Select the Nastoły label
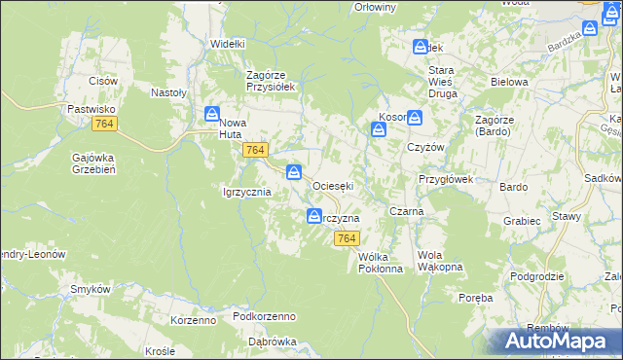coord(168,92)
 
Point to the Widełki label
coord(229,44)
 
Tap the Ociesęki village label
coord(332,185)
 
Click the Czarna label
coord(404,211)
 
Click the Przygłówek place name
coord(445,179)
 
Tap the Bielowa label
coord(508,82)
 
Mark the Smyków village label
coord(88,289)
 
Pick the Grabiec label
coord(522,221)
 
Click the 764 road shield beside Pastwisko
coord(105,125)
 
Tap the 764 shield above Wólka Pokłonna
coord(346,238)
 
